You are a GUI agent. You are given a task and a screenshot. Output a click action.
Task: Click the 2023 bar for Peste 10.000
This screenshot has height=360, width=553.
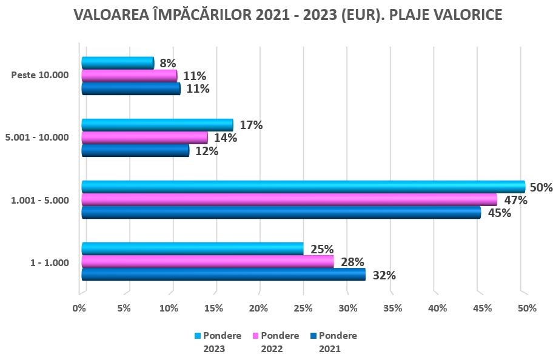point(118,62)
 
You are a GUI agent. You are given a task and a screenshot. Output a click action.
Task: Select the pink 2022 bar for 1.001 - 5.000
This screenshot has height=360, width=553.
point(289,199)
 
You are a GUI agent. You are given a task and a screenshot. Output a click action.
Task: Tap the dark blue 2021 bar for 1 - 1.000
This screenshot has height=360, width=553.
point(223,275)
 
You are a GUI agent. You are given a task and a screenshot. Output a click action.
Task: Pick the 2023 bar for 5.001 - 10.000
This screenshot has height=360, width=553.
point(157,125)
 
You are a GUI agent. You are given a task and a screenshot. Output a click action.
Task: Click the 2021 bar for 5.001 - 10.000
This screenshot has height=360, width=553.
point(135,150)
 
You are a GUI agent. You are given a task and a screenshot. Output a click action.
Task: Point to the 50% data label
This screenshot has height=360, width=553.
point(541,187)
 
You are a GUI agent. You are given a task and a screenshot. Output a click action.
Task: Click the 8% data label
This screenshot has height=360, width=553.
point(168,63)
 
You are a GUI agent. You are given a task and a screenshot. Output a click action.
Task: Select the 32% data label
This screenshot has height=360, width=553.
point(384,275)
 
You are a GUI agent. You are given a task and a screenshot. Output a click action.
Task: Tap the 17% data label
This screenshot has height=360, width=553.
point(251,125)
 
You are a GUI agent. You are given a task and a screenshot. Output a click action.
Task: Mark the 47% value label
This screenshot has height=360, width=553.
point(515,200)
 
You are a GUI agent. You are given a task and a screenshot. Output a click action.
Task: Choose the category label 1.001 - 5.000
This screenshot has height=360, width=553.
point(40,200)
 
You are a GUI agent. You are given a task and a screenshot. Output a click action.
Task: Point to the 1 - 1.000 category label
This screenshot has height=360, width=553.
point(49,262)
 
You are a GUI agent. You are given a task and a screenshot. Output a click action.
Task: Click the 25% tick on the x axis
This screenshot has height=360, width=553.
point(303,308)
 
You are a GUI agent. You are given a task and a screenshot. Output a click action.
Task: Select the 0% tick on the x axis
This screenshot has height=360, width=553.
point(79,308)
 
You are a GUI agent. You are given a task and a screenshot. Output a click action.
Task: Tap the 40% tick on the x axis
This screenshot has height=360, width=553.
point(437,308)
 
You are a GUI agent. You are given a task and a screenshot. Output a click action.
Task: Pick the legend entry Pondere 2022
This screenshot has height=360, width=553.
point(276,342)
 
